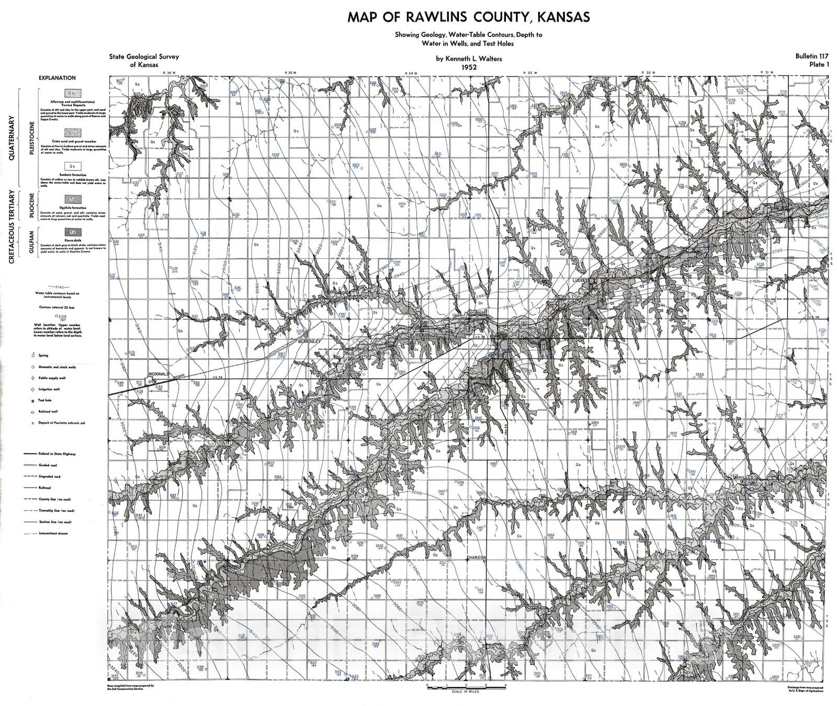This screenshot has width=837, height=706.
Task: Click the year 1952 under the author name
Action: (x=469, y=67)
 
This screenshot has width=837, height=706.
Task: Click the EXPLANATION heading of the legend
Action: (x=57, y=78)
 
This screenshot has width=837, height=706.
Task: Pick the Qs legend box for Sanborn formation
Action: (x=72, y=166)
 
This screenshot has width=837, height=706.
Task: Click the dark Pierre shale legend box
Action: (x=72, y=232)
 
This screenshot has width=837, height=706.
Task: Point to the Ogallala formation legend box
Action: (x=72, y=200)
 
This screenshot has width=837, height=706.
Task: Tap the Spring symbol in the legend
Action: (x=33, y=355)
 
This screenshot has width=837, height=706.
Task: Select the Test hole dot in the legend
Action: (x=33, y=400)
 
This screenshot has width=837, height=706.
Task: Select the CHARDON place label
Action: (x=477, y=557)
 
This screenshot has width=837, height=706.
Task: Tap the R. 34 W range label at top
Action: (x=411, y=73)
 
